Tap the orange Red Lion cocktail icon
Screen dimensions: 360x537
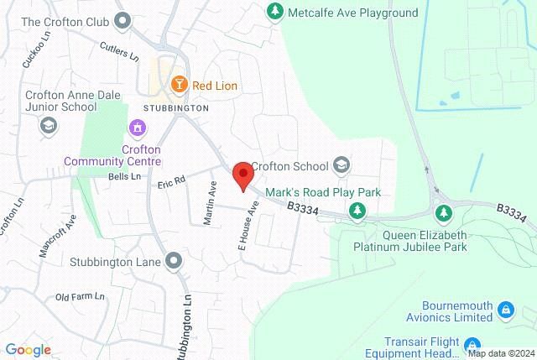point(179,84)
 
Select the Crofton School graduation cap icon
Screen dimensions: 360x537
point(341,164)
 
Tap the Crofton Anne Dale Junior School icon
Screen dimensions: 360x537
point(49,125)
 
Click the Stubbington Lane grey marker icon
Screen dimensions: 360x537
point(174,260)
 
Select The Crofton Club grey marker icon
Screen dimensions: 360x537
point(124,19)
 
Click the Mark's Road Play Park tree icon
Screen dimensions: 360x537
point(358,210)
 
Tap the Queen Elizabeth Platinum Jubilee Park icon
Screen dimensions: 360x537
point(445,211)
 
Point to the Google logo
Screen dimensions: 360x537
point(28,349)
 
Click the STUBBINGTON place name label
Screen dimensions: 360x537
point(175,108)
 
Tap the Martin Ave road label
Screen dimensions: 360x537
point(211,199)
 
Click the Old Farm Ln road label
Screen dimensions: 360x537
point(80,297)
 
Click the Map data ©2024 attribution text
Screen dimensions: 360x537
point(501,353)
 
